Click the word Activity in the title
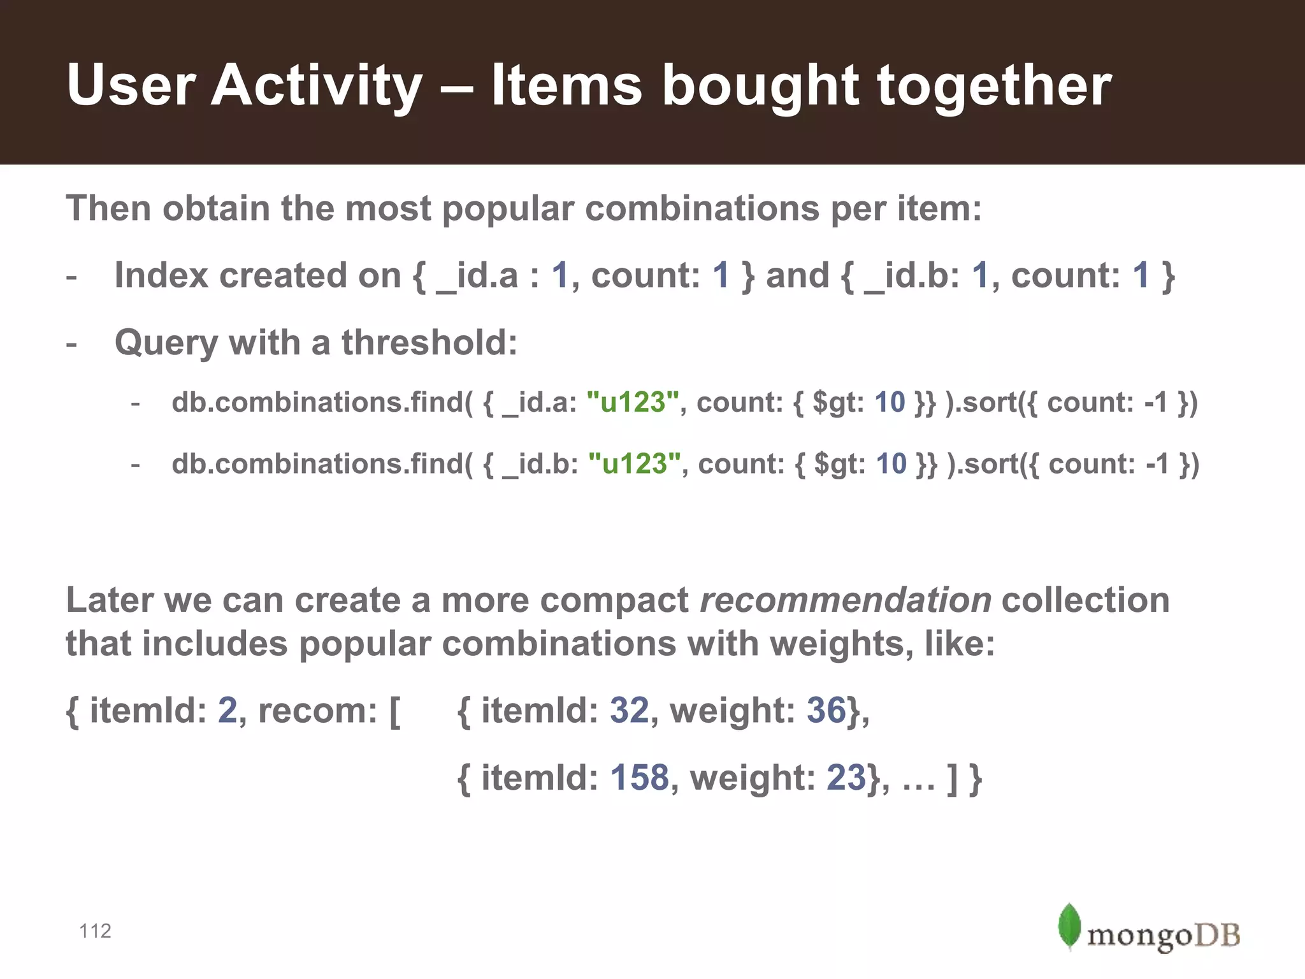point(317,85)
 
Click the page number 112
point(95,931)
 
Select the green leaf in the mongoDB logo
point(1069,925)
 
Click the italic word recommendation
point(845,600)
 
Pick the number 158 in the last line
point(639,778)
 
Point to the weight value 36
point(826,710)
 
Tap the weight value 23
point(846,778)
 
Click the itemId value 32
point(629,710)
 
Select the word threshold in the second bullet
point(429,342)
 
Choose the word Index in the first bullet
point(161,275)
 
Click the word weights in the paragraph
point(837,644)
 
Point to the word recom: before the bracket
point(317,710)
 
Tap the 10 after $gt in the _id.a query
point(890,402)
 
